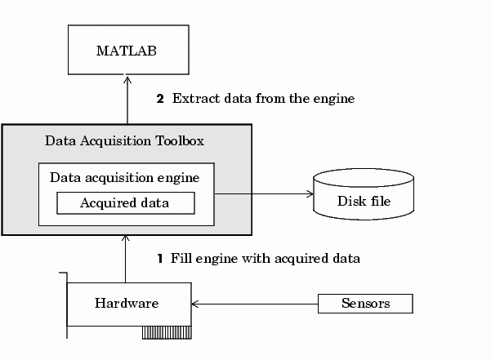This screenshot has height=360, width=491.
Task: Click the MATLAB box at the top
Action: pyautogui.click(x=126, y=51)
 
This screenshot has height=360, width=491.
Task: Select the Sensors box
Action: pyautogui.click(x=365, y=304)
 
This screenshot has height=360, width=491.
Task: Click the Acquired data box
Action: pyautogui.click(x=125, y=202)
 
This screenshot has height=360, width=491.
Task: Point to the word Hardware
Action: pyautogui.click(x=126, y=304)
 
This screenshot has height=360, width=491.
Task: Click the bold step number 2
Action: pyautogui.click(x=160, y=99)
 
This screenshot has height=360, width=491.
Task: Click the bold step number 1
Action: pyautogui.click(x=160, y=259)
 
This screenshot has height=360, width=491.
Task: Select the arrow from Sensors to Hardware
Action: pyautogui.click(x=253, y=304)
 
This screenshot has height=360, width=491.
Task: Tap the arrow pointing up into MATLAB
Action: pyautogui.click(x=127, y=98)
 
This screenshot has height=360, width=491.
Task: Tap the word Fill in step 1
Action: pyautogui.click(x=180, y=259)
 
